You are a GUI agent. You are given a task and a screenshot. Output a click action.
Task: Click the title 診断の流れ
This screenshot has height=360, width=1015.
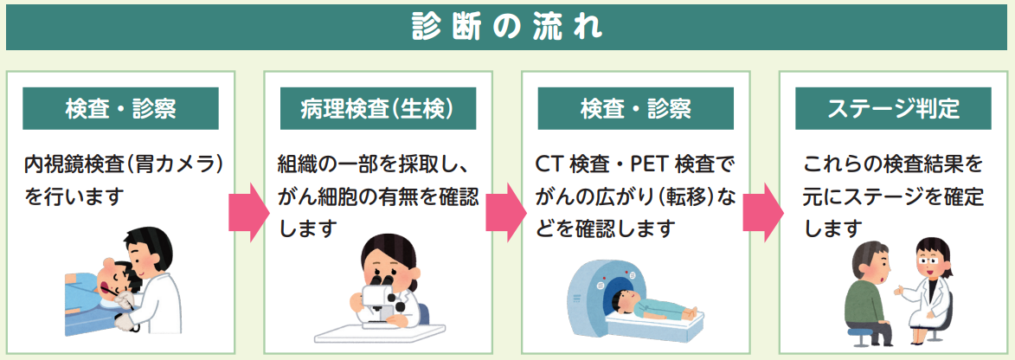[507, 27]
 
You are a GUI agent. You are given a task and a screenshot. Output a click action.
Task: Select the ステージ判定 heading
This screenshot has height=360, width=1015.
[893, 109]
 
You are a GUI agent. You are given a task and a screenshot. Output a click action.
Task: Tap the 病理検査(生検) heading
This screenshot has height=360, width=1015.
[377, 109]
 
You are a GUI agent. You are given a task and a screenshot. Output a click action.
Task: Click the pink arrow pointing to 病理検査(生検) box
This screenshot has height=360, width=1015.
[248, 212]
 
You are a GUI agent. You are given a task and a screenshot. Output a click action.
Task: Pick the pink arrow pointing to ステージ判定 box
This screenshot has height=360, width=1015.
[763, 212]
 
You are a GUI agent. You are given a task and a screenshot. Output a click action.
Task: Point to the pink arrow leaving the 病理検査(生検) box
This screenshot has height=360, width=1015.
[506, 212]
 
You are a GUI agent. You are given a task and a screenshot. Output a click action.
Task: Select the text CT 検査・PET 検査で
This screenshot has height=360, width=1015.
[633, 164]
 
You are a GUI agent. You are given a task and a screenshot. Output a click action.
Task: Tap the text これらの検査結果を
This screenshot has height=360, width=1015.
[893, 164]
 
